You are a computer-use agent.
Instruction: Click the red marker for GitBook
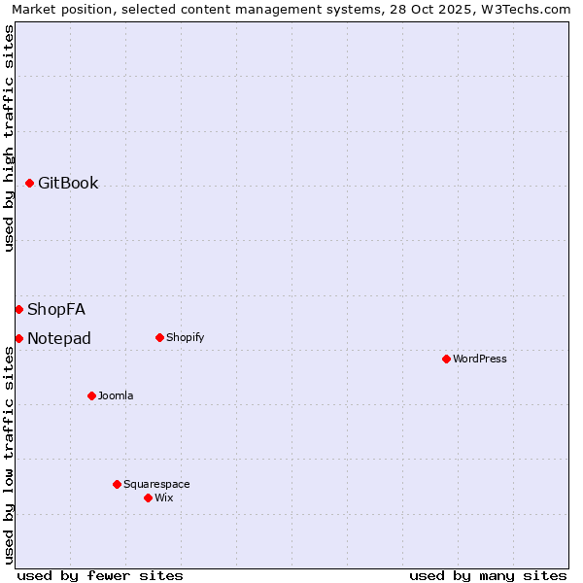(x=30, y=183)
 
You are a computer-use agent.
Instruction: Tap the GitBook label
(x=68, y=184)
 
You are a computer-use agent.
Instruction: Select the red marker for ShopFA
(x=18, y=309)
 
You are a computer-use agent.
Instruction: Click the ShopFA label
(x=56, y=310)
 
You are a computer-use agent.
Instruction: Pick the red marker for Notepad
(x=18, y=338)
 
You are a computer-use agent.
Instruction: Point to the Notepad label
(x=59, y=339)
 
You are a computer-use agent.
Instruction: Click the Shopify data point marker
(x=159, y=337)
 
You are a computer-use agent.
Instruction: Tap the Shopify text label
(x=185, y=338)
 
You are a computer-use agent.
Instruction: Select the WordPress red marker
(x=446, y=359)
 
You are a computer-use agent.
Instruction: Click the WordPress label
(x=480, y=360)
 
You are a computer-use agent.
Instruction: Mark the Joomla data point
(x=91, y=395)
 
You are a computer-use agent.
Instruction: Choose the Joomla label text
(x=116, y=396)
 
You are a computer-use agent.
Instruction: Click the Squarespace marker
(x=117, y=484)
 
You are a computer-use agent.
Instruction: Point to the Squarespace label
(x=156, y=485)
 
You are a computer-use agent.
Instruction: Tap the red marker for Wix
(x=148, y=497)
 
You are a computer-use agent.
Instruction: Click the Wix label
(x=164, y=498)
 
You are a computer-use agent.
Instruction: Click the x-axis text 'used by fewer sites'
(x=100, y=575)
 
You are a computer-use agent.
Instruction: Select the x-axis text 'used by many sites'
(x=488, y=575)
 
